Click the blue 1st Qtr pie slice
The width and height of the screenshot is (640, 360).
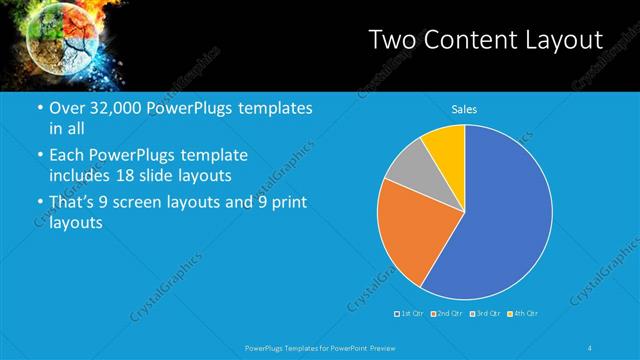(500, 220)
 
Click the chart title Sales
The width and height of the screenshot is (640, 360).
(464, 108)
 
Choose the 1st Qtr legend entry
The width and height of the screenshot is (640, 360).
(410, 314)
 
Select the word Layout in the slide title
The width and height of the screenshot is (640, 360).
(564, 40)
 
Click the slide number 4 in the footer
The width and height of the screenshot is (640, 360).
(590, 347)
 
